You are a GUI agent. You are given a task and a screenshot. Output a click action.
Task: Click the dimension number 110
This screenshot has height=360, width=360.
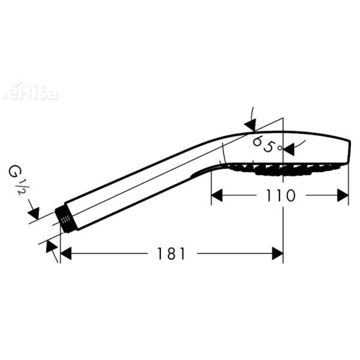278,196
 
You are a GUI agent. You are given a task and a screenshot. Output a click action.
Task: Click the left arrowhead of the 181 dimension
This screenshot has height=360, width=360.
66,254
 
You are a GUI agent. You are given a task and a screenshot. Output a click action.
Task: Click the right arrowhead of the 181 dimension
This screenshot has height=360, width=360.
277,254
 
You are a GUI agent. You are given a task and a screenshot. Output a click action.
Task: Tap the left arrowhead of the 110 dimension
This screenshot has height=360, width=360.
217,196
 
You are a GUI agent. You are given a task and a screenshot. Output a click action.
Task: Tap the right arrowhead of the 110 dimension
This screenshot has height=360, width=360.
343,196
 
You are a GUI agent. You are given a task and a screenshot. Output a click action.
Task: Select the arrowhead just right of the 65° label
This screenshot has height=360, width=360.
289,148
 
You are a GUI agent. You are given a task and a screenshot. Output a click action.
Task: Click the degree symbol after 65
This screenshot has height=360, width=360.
280,148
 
